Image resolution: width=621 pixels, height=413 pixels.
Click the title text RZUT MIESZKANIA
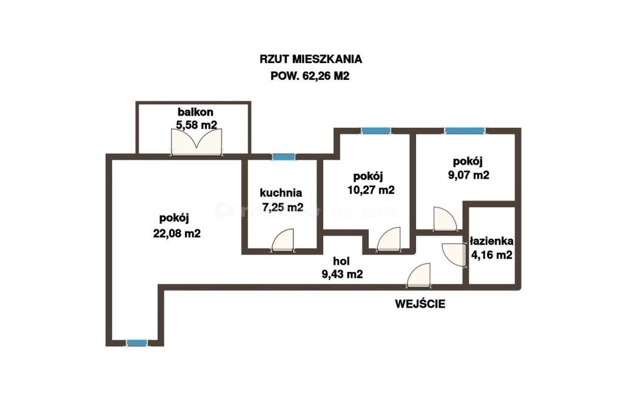(x=310, y=59)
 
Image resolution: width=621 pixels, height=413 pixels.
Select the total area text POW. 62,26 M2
(x=310, y=76)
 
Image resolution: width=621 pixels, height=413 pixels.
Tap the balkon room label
(x=195, y=112)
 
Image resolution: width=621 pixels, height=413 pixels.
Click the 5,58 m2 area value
(x=196, y=125)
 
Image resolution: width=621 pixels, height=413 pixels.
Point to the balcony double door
(x=196, y=142)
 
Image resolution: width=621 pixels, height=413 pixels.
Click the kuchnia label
(x=281, y=193)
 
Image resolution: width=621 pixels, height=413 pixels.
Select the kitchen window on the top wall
(x=284, y=157)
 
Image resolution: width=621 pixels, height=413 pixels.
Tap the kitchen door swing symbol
(x=283, y=240)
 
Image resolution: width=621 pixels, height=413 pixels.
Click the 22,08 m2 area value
(x=176, y=233)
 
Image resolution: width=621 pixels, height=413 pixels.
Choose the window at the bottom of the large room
(x=137, y=343)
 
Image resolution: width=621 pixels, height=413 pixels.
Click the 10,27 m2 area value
(x=371, y=190)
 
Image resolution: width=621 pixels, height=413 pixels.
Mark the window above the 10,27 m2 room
(x=376, y=131)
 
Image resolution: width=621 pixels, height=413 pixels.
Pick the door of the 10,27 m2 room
(x=389, y=239)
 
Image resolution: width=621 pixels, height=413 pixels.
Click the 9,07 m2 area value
(x=469, y=175)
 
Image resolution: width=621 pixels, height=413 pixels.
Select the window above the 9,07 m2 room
(x=465, y=131)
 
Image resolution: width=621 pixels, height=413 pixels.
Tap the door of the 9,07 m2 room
(x=446, y=219)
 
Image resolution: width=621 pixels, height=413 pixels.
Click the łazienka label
(x=491, y=241)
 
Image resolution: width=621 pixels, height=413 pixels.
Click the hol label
(x=341, y=261)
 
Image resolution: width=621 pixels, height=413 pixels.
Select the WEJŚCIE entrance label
(x=420, y=304)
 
